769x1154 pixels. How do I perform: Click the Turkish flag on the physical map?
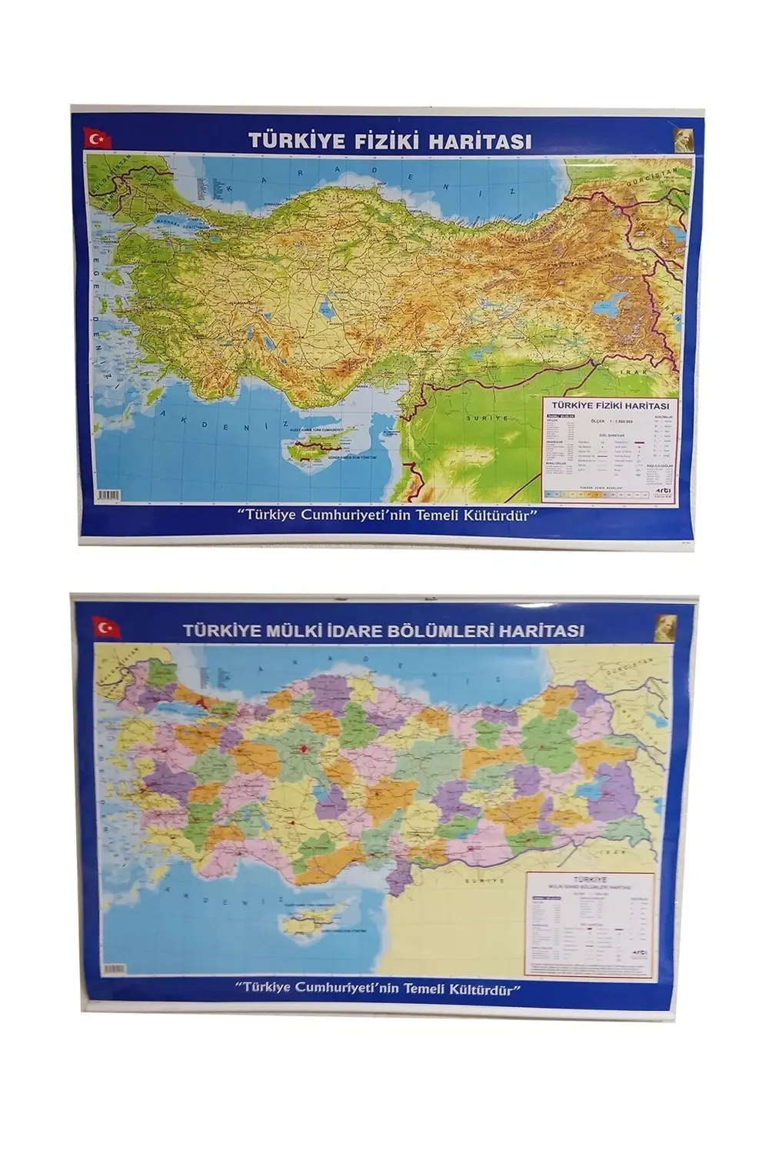click(98, 139)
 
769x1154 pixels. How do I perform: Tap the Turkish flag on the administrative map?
click(107, 627)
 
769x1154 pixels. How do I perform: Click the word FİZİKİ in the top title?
click(360, 141)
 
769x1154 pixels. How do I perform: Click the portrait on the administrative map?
click(665, 628)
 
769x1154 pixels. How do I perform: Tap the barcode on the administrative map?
click(115, 969)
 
